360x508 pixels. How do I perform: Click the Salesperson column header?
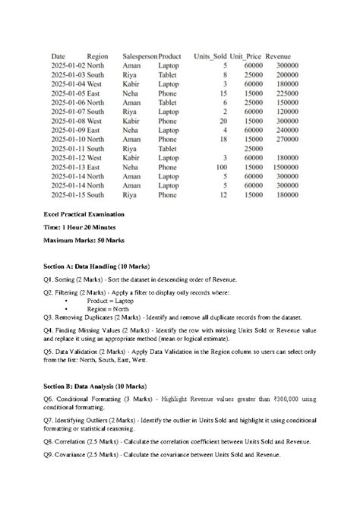coord(140,56)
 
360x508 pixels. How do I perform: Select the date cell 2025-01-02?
coord(68,66)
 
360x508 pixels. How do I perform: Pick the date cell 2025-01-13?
coord(68,167)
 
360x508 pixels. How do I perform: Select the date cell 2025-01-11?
coord(68,149)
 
